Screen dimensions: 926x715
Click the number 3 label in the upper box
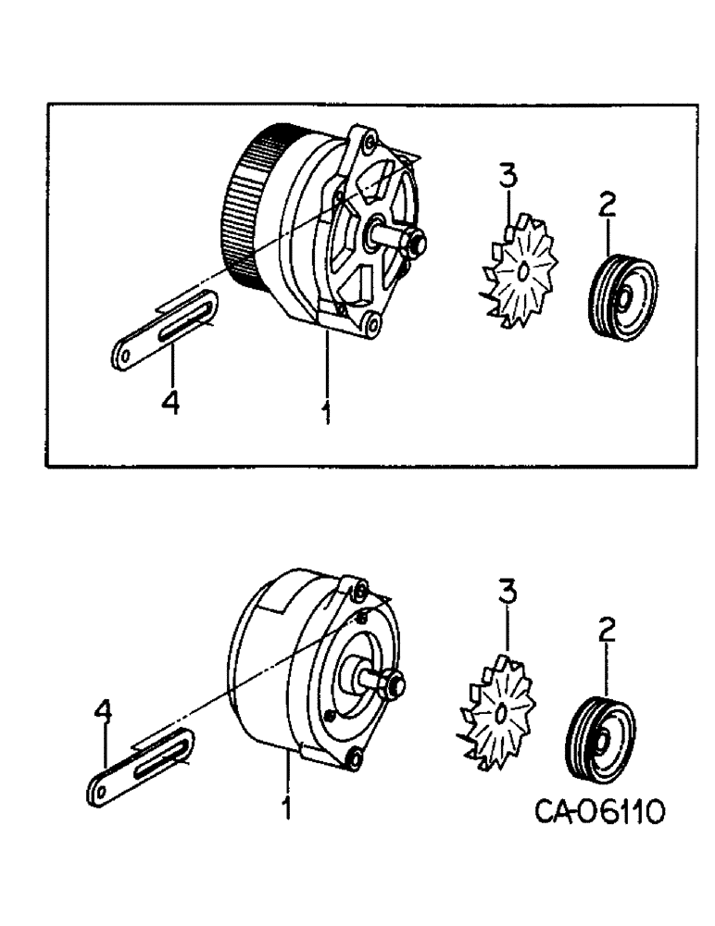pos(507,177)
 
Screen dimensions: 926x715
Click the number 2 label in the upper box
pos(607,209)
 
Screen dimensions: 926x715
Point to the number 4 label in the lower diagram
pos(104,711)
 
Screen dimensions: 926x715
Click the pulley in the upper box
pos(622,294)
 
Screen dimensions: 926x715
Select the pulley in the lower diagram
pos(598,738)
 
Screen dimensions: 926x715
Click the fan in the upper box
pos(518,270)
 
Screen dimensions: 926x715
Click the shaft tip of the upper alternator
pos(413,244)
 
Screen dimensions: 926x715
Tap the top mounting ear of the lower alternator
pos(358,592)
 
